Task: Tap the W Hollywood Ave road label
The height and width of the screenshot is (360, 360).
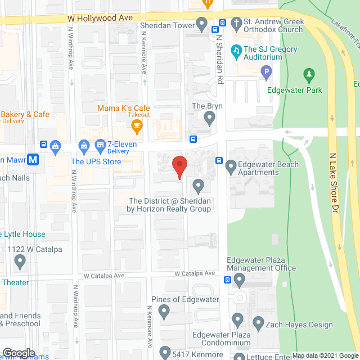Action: (100, 18)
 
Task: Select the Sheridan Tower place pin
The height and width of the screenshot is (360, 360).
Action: (202, 24)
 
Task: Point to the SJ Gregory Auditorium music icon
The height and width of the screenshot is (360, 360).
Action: (236, 49)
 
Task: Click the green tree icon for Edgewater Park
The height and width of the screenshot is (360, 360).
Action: (308, 74)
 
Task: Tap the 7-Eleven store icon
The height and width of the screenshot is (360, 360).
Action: (100, 145)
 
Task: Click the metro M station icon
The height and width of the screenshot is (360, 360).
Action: (34, 159)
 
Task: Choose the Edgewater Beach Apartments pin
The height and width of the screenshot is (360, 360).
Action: (231, 166)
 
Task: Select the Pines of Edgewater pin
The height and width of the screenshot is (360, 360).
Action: (164, 311)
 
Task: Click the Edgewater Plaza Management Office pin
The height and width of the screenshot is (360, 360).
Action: (239, 280)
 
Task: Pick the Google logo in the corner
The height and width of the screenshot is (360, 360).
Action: (19, 353)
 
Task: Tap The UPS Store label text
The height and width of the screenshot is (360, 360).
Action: (96, 162)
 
